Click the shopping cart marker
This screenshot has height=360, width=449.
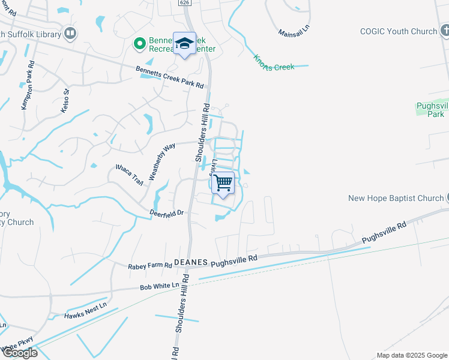[223, 183]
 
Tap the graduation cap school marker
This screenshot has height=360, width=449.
[184, 43]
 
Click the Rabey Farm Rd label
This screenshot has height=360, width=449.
[150, 265]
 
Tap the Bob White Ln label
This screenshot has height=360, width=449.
[160, 287]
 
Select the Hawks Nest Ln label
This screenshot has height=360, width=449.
[85, 310]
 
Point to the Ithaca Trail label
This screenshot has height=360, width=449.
[130, 175]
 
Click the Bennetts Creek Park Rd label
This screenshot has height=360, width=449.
[170, 77]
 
